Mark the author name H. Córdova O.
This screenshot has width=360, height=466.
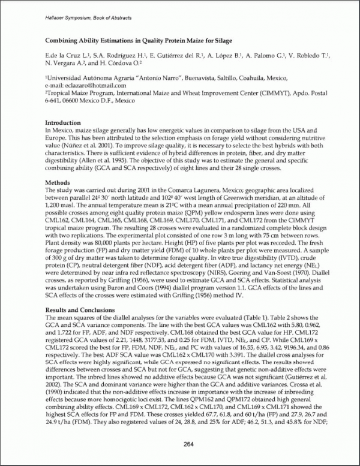[122, 62]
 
